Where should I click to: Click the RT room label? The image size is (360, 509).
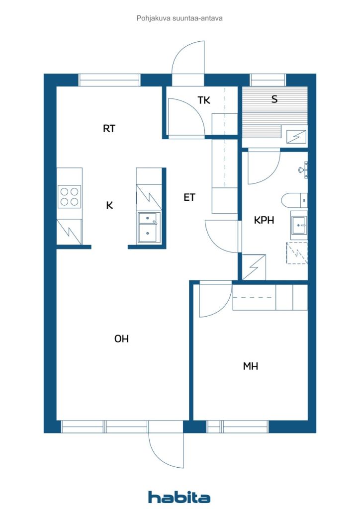tap(109, 129)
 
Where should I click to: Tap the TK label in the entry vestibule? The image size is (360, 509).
tap(204, 100)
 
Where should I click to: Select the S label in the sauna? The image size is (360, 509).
tap(274, 99)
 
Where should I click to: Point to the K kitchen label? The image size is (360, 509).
tap(110, 205)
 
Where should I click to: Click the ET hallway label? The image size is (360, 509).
tap(189, 197)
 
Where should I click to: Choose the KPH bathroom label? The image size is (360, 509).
tap(264, 220)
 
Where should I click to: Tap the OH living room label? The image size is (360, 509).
tap(121, 339)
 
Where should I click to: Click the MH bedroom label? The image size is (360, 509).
tap(251, 366)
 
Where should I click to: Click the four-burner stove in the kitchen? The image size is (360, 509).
tap(70, 197)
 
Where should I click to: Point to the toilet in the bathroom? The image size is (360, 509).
tap(294, 200)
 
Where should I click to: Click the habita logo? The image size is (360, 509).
tap(179, 497)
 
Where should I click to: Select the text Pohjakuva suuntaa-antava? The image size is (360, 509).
tap(180, 18)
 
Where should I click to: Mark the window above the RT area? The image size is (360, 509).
tap(109, 80)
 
